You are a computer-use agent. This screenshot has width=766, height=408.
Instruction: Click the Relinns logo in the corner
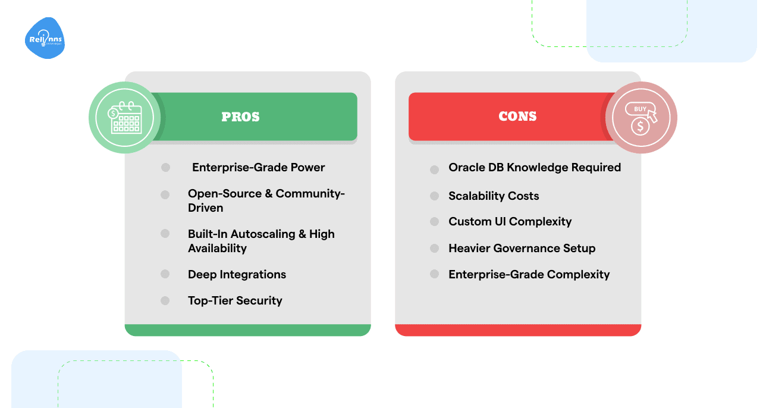(45, 39)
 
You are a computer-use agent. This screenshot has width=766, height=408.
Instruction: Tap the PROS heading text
(240, 117)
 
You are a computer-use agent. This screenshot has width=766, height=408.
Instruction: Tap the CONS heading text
(517, 117)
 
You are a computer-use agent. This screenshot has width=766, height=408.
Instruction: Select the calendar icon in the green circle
(125, 117)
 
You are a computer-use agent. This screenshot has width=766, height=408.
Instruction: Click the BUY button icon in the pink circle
(641, 110)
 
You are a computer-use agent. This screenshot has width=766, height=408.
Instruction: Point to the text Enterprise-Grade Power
(258, 168)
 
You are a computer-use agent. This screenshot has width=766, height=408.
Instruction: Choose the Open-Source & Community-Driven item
(266, 200)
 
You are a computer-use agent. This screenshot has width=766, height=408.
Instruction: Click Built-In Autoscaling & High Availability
(261, 241)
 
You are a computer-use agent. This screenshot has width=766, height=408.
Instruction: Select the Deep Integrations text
(237, 274)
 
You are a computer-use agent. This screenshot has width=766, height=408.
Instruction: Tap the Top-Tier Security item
(235, 300)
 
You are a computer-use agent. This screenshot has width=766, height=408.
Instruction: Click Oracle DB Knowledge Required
(535, 168)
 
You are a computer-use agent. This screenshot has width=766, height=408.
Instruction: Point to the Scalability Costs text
(494, 196)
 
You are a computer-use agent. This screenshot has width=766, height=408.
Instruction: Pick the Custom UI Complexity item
(510, 222)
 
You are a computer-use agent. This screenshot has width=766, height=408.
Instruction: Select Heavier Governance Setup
(522, 248)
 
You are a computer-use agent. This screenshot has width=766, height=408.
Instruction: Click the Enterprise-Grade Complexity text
(529, 274)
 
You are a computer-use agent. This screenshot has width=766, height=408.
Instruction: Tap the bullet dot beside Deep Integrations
(165, 274)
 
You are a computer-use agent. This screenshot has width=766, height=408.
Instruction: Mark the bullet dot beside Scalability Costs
(435, 196)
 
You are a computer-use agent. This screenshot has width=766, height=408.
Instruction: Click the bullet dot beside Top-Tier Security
(165, 300)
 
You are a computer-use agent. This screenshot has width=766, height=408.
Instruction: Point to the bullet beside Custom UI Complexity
(435, 222)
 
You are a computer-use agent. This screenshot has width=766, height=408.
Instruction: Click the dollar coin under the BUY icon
(640, 126)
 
